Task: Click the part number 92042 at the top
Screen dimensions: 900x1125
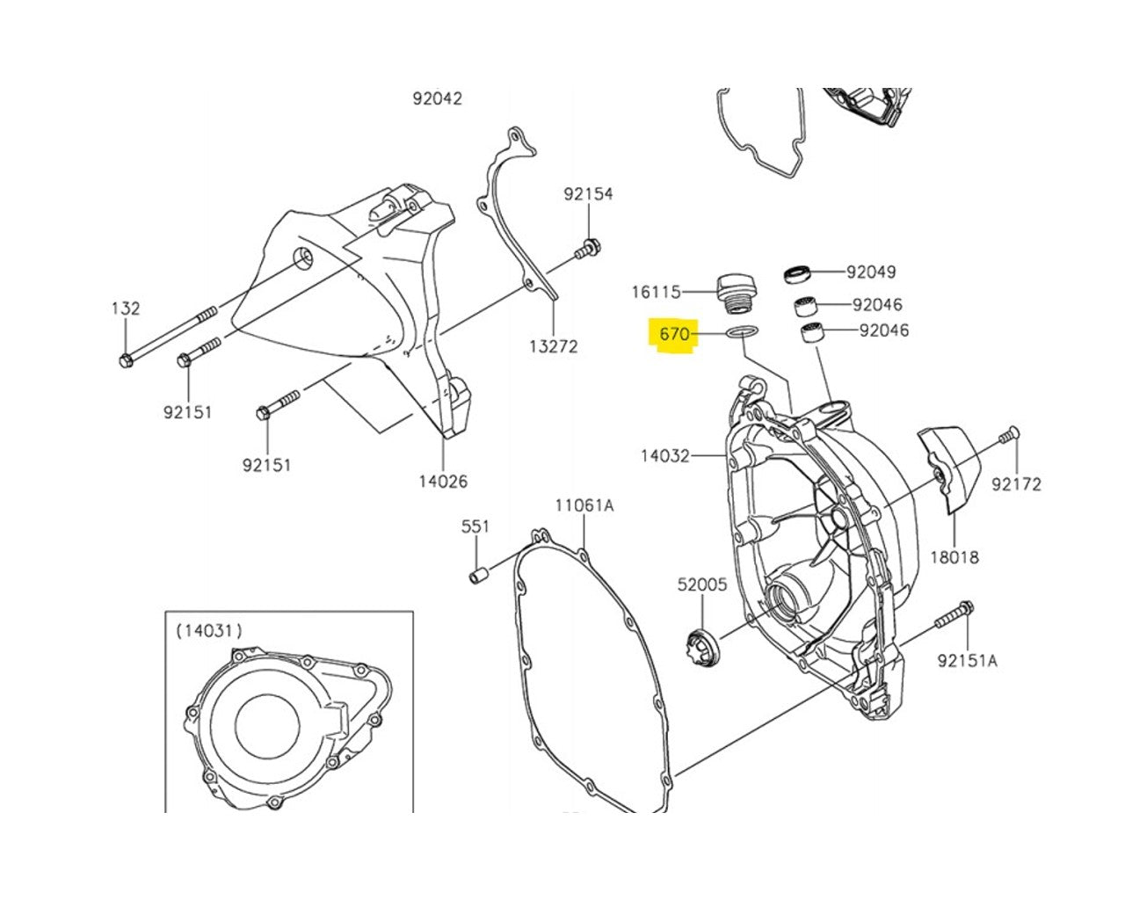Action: [x=437, y=98]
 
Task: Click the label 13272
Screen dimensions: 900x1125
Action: [x=553, y=346]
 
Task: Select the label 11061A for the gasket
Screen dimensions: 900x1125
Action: [x=584, y=505]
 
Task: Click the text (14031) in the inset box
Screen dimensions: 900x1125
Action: [x=209, y=630]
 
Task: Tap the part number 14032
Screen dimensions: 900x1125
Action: [x=664, y=455]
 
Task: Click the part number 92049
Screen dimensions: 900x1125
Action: [x=871, y=272]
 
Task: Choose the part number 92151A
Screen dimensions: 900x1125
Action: [x=967, y=661]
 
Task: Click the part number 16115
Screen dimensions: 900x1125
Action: [x=657, y=291]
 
